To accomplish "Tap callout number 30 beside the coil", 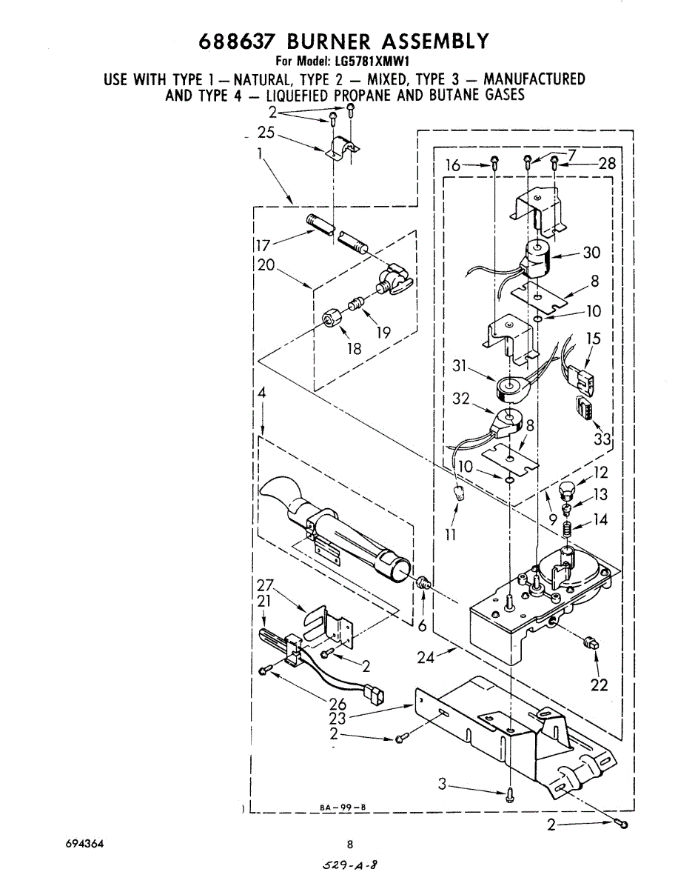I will click(x=591, y=253).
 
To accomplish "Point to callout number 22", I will click(x=599, y=685).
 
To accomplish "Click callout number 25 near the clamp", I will click(x=266, y=133).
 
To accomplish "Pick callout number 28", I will click(x=607, y=164).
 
